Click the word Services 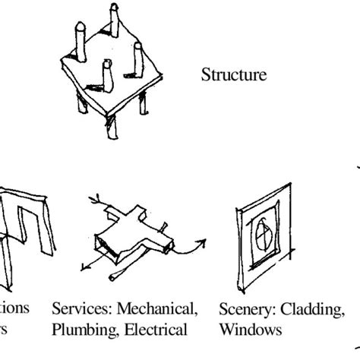tap(78, 311)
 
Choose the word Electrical tap(156, 331)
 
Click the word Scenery tap(245, 311)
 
